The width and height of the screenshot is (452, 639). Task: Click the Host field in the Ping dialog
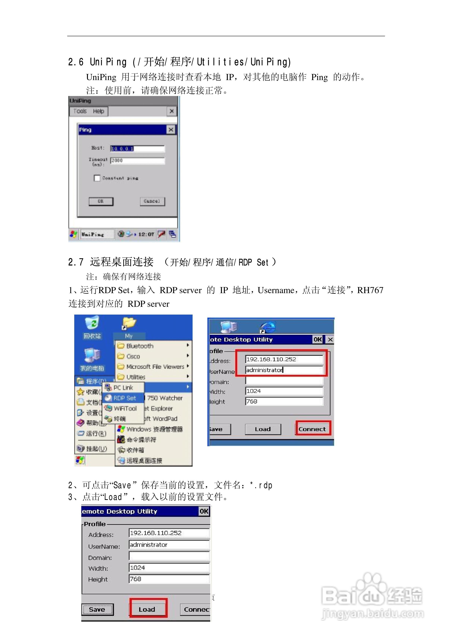coord(137,149)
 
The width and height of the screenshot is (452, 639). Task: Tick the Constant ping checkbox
coord(97,178)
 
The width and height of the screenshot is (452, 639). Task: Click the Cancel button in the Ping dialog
coord(152,201)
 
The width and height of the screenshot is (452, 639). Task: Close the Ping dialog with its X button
coord(171,130)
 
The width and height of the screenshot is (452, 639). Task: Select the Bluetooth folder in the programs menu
coord(140,346)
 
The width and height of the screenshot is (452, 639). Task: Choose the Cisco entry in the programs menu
coord(133,356)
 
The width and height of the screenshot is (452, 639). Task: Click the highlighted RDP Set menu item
coord(124,398)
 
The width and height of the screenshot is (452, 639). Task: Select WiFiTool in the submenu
coord(125,408)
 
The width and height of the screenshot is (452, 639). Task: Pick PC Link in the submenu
coord(123,388)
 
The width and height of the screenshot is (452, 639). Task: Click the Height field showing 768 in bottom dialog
coord(169,579)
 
